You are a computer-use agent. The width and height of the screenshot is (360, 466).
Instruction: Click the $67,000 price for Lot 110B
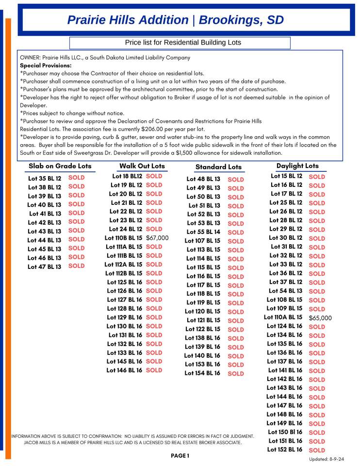(157, 238)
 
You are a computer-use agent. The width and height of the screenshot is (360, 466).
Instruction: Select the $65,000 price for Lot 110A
(320, 318)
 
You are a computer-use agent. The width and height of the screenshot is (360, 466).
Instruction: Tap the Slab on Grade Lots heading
(60, 166)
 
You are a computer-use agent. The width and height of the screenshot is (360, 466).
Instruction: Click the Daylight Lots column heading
(297, 166)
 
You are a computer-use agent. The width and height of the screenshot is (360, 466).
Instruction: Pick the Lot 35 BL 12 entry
(45, 179)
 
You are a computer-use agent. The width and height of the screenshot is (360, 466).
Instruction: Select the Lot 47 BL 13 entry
(45, 266)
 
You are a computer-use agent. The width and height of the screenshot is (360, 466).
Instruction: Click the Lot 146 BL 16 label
(124, 370)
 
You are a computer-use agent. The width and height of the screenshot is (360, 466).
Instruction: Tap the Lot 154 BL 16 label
(202, 373)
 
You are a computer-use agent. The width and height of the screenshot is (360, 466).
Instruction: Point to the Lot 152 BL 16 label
(284, 449)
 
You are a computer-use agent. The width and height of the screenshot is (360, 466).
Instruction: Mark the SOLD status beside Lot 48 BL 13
(236, 180)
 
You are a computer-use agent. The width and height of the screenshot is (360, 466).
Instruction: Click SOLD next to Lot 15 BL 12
(317, 177)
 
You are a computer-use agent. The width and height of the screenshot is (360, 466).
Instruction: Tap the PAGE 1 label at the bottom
(180, 456)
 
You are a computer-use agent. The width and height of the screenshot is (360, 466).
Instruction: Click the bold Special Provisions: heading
(46, 66)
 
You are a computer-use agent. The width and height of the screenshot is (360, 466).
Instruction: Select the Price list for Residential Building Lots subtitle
(183, 43)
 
